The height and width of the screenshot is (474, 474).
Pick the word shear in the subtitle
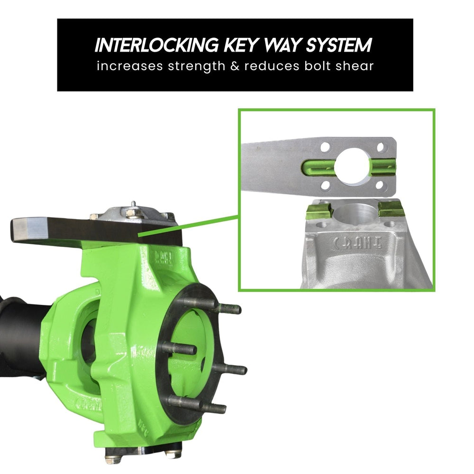pyautogui.click(x=356, y=66)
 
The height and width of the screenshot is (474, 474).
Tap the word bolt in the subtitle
pyautogui.click(x=320, y=66)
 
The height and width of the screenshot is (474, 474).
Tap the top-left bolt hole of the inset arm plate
pyautogui.click(x=325, y=147)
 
